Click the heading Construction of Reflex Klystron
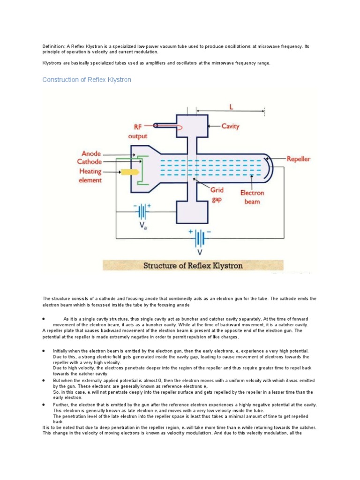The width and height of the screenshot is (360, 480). tap(87, 80)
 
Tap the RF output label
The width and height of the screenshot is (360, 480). tap(138, 131)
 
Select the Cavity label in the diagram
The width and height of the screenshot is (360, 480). tap(230, 126)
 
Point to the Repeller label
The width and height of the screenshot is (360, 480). tap(299, 159)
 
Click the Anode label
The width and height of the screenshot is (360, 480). tap(91, 153)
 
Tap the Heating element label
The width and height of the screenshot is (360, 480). tap(90, 175)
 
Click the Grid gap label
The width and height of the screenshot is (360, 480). tap(217, 194)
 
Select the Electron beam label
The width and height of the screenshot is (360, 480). tap(252, 197)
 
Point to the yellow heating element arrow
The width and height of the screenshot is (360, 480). tap(130, 172)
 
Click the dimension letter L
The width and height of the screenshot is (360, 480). tap(231, 107)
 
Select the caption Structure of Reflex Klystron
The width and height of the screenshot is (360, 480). tap(193, 266)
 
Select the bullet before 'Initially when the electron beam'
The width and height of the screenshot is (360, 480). tap(43, 351)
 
